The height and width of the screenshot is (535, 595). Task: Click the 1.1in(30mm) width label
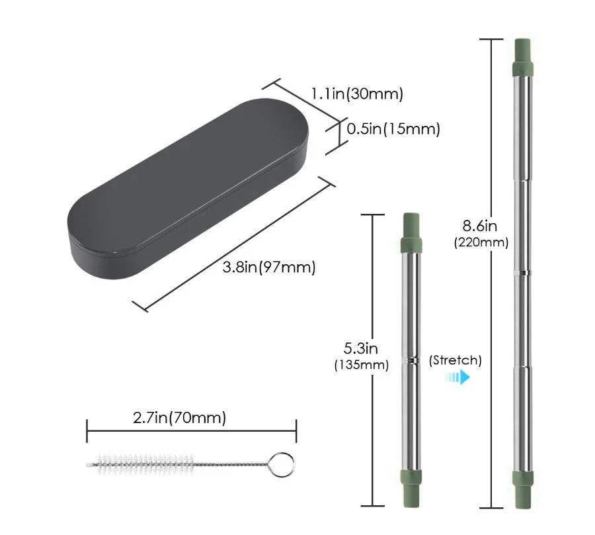(357, 93)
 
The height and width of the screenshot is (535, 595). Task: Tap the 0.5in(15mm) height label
(393, 129)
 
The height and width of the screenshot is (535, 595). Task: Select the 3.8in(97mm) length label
(269, 267)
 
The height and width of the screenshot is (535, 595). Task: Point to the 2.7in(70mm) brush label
(179, 418)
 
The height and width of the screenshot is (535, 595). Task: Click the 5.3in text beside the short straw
(361, 348)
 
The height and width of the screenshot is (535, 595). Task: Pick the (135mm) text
(362, 365)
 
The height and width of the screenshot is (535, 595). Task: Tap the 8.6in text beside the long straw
(480, 226)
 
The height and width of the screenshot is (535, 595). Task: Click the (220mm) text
(481, 242)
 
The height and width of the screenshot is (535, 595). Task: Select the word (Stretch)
(456, 360)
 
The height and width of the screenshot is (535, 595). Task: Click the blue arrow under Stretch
(458, 377)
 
